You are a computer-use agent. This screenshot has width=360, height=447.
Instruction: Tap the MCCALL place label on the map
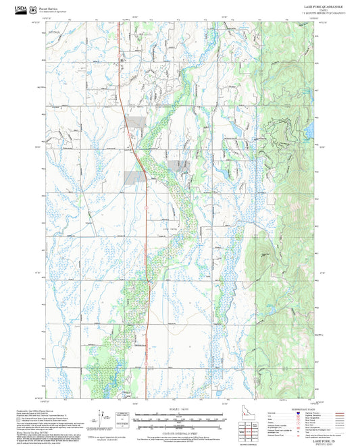pos(55,32)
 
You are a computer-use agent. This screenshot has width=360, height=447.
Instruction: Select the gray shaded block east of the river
pos(180,164)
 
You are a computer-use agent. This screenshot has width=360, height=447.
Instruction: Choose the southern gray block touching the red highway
pos(134,177)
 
